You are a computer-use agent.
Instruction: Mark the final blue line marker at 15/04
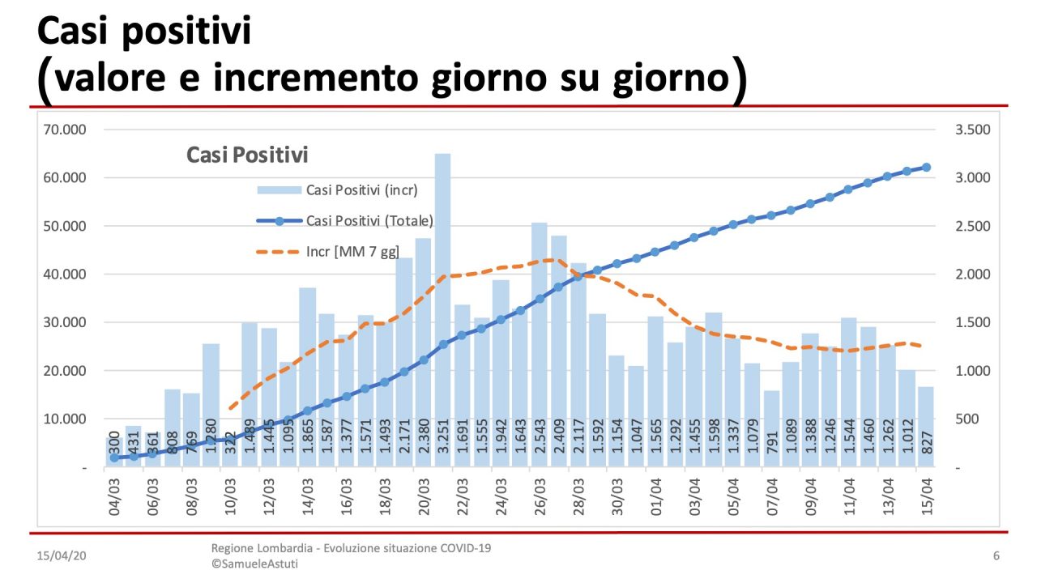[926, 168]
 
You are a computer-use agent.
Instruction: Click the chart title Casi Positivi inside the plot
[247, 154]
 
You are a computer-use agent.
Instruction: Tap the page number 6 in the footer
[996, 556]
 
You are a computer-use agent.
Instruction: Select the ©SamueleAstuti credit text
[254, 564]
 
